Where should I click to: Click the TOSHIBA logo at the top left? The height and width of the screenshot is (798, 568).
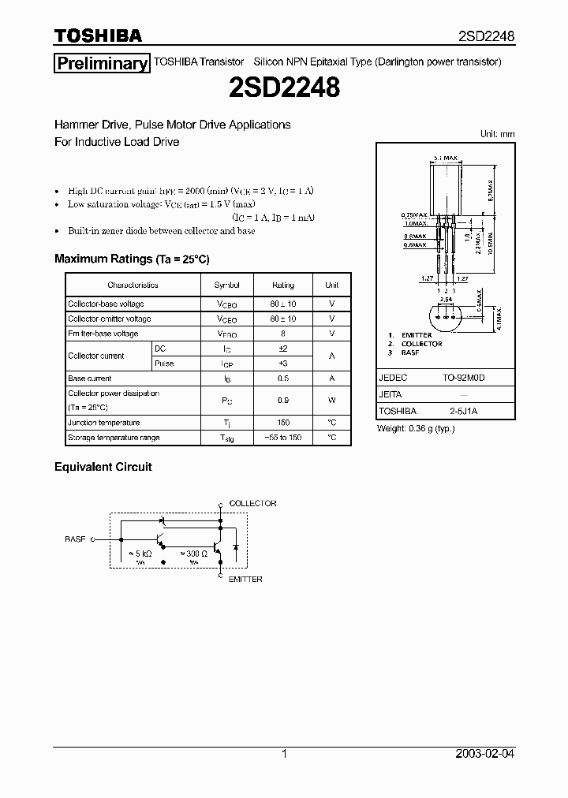coord(98,35)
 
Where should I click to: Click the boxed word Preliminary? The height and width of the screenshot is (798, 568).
coord(101,64)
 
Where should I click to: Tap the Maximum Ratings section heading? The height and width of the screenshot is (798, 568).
coord(132,259)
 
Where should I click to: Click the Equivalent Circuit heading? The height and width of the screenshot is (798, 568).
coord(103,467)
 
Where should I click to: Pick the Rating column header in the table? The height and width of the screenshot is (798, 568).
coord(283,285)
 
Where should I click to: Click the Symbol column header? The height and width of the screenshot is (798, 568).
coord(226,285)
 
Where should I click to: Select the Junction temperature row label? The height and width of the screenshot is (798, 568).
coord(104,423)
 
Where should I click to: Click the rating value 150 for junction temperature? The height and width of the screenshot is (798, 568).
coord(283,423)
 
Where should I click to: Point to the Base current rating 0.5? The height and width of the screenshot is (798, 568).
coord(283,378)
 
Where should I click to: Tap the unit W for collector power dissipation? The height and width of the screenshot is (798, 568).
coord(331,401)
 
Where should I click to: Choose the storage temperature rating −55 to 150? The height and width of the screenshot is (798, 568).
coord(283,438)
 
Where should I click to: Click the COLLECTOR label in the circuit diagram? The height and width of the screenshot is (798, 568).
coord(252,503)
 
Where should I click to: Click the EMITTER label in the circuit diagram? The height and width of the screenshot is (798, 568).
coord(245,579)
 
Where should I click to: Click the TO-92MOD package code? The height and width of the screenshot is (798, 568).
coord(463,378)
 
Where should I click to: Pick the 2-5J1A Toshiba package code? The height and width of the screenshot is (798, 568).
coord(463,411)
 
